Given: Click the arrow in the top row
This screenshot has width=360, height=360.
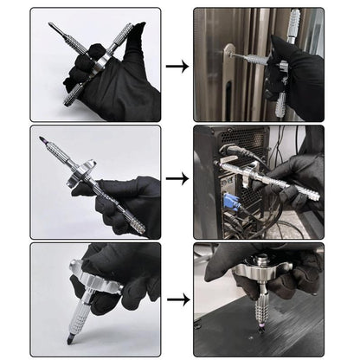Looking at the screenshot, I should [x=177, y=65].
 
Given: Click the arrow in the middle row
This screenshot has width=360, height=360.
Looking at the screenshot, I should [x=177, y=179].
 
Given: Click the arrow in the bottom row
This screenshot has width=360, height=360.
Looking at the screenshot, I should [x=177, y=299].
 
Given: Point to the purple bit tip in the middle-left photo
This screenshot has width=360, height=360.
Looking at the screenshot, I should [x=42, y=136].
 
